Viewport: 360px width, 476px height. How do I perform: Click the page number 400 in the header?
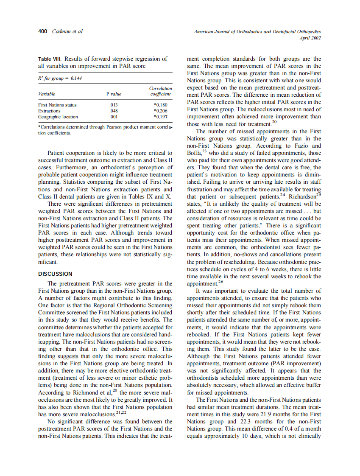coord(42,31)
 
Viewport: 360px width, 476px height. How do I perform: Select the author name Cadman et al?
coord(67,31)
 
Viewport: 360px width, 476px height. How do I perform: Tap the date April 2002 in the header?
coord(310,38)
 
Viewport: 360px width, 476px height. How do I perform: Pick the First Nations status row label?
coord(57,105)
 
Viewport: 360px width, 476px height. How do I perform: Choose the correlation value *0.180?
coord(161,105)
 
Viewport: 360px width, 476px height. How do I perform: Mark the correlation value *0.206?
coord(161,110)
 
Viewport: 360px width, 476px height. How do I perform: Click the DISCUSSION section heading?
coord(55,274)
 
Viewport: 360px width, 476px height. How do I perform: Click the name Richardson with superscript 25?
coord(301,196)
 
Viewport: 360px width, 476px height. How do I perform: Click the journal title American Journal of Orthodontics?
coord(257,32)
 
